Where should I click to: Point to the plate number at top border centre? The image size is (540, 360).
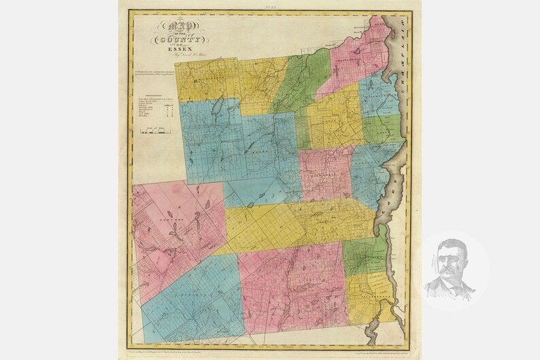tap(271, 7)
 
